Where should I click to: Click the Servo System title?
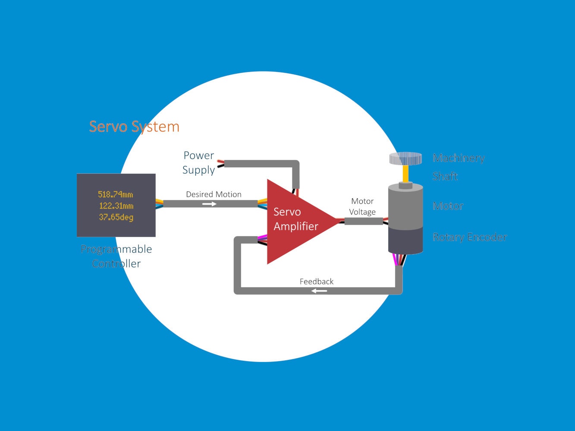point(134,127)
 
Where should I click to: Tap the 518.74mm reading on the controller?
point(116,195)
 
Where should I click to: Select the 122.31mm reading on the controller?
point(116,206)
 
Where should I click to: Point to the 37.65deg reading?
point(116,217)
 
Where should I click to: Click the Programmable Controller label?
point(116,256)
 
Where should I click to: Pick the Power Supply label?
point(198,162)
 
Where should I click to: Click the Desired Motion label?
point(214,194)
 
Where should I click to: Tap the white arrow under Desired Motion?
point(209,204)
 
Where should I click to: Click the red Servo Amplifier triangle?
point(293,222)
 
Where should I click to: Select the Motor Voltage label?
point(362,206)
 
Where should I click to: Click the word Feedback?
point(317,281)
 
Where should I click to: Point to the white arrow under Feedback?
point(319,291)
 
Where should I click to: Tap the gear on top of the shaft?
point(405,158)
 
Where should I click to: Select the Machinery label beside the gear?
point(459,158)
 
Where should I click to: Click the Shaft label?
point(445,176)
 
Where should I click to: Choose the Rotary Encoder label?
point(470,237)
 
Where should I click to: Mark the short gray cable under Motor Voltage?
point(364,222)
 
